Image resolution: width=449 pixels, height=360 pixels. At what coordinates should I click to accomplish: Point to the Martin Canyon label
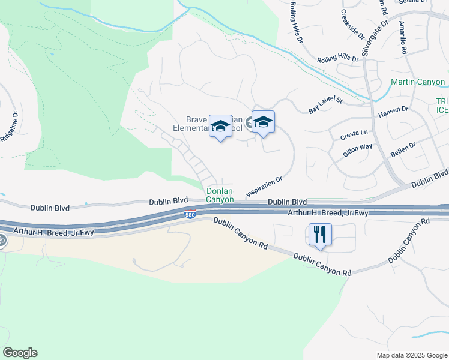[x=418, y=82]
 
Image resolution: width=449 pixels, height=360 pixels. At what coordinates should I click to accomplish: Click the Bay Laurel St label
[x=325, y=106]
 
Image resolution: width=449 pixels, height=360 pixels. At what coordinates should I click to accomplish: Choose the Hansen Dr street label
[x=393, y=111]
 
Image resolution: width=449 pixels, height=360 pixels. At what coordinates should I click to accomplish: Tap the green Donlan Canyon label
[x=220, y=196]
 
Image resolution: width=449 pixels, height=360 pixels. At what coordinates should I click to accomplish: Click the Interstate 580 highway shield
[x=189, y=215]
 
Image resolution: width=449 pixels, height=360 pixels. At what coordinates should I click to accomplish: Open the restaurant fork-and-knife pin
[x=320, y=234]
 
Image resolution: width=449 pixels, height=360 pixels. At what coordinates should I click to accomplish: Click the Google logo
[x=20, y=353]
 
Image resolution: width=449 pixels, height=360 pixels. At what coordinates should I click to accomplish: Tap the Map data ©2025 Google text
[x=411, y=355]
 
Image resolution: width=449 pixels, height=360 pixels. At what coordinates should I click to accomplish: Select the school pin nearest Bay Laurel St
[x=263, y=122]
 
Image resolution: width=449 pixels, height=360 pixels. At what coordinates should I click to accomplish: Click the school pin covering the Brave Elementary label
[x=221, y=126]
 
